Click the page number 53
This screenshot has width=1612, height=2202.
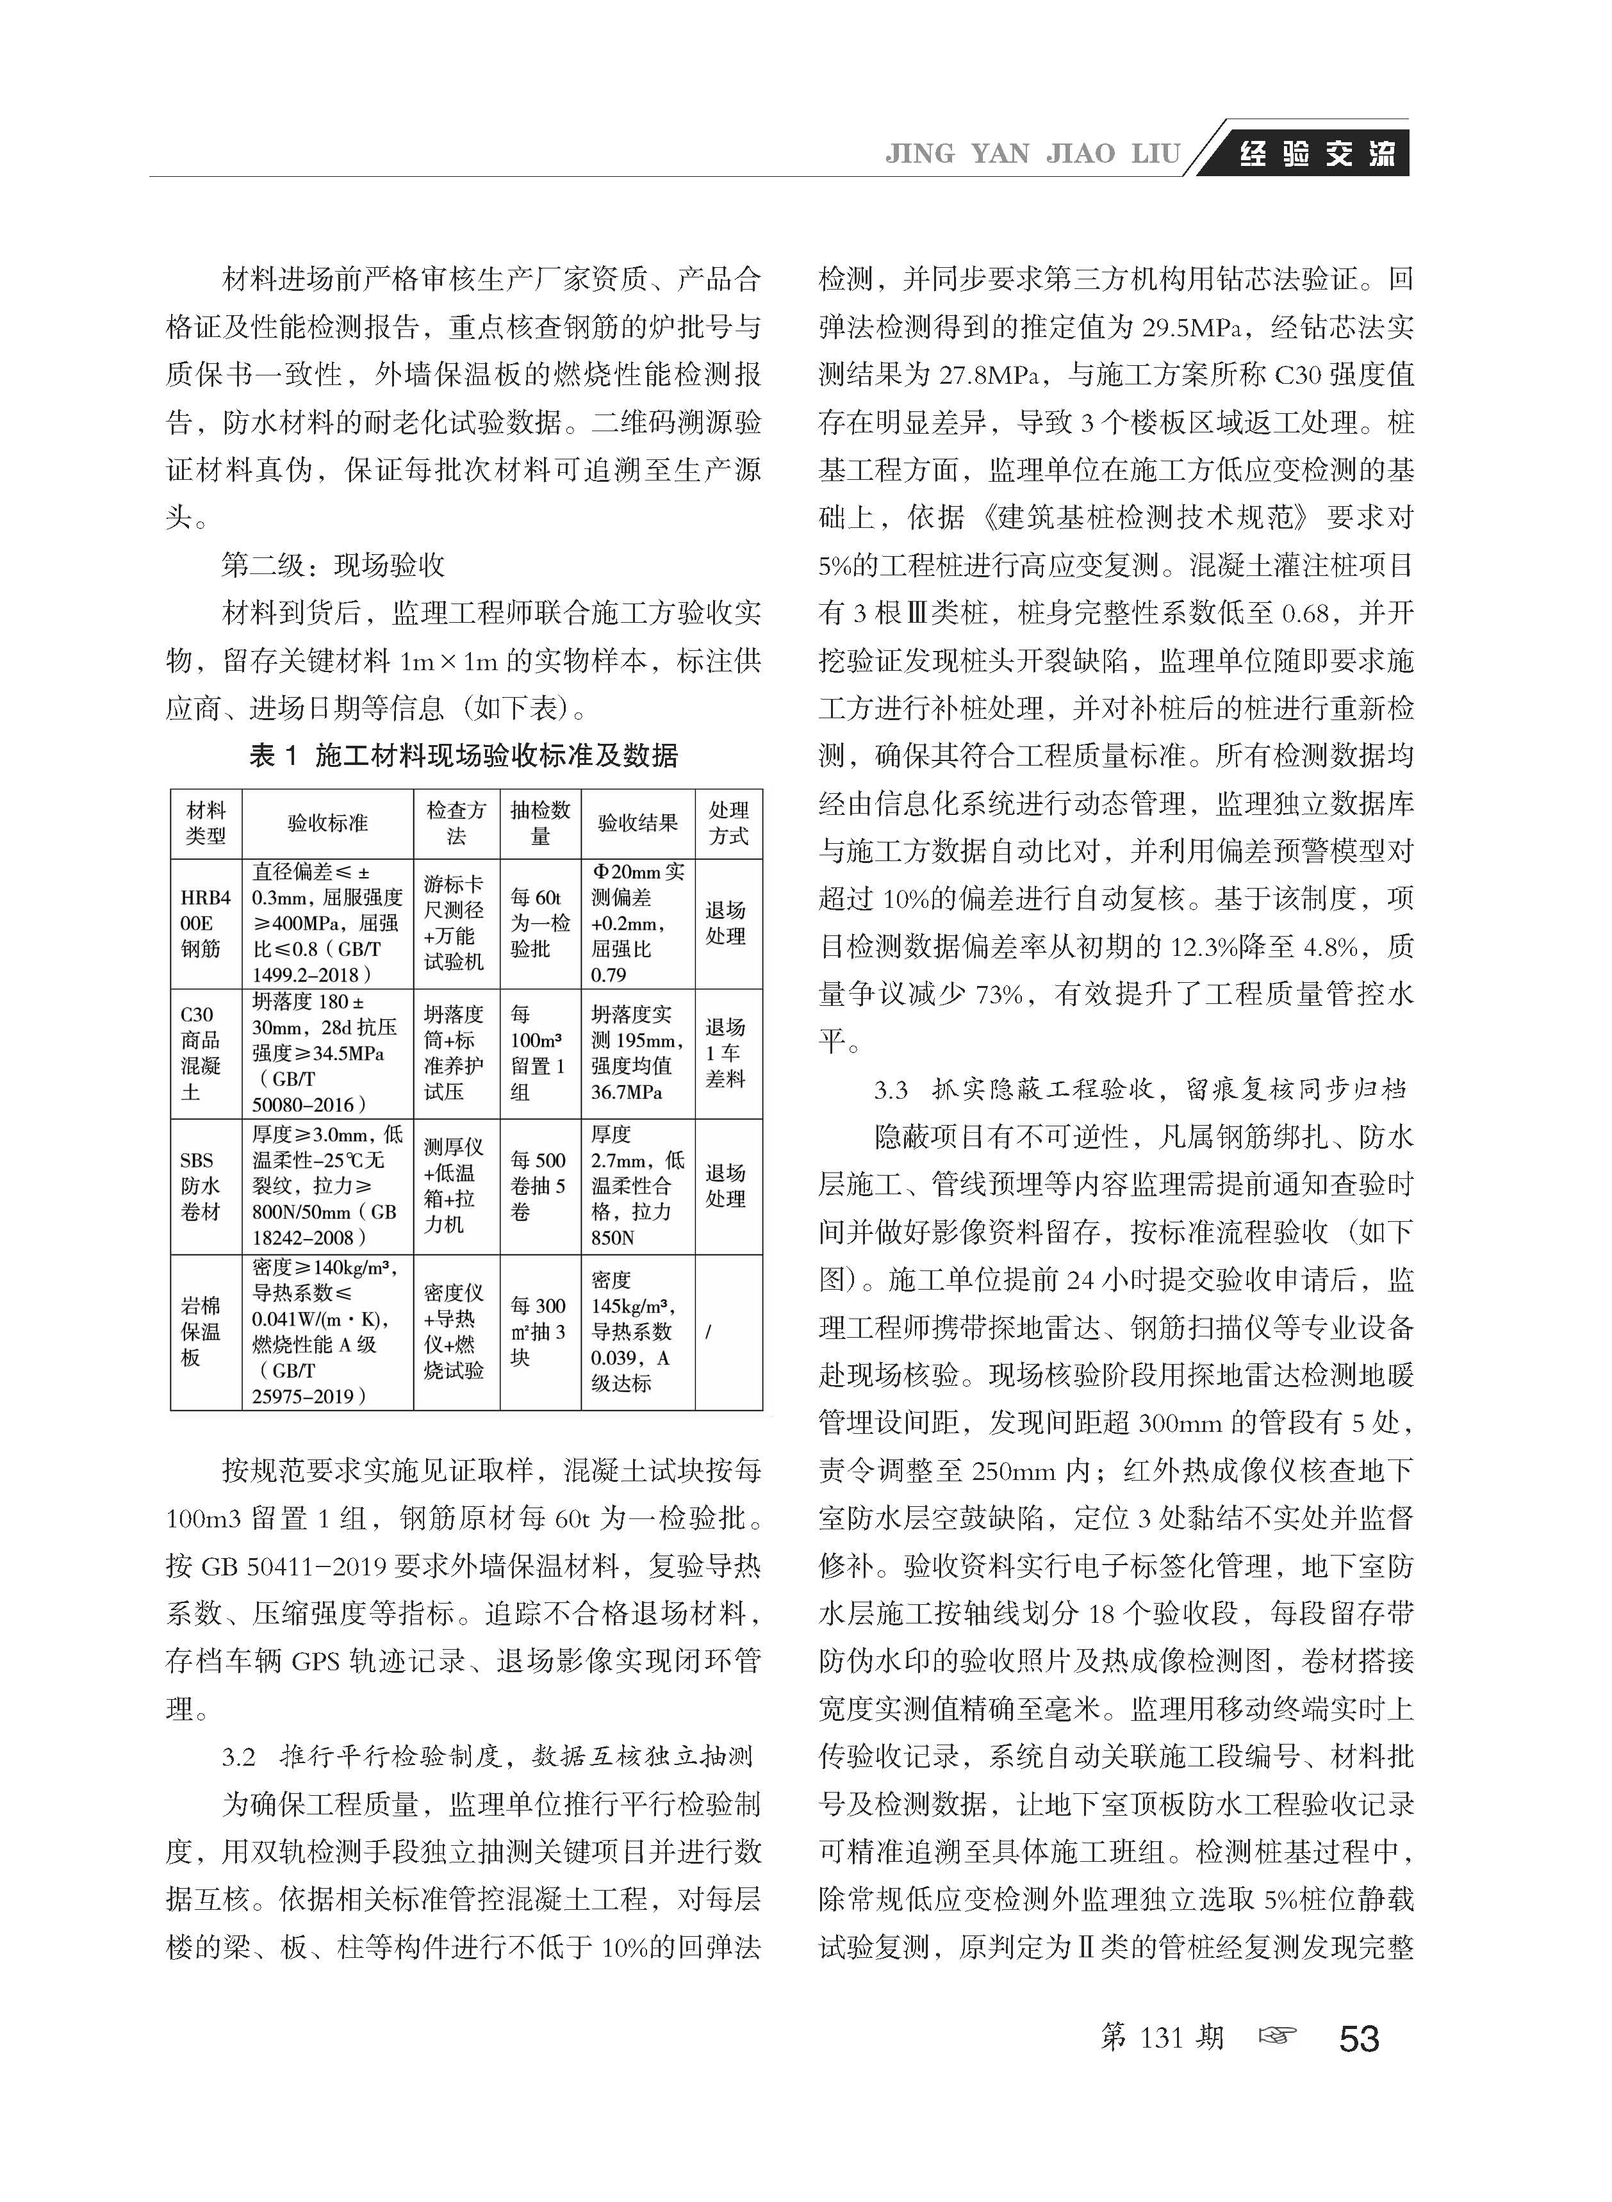(x=1360, y=2039)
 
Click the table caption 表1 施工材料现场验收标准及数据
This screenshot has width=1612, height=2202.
(x=463, y=756)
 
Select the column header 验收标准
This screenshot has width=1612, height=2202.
(x=328, y=823)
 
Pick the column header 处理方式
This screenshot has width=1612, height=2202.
(x=728, y=823)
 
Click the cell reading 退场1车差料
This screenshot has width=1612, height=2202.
(x=726, y=1053)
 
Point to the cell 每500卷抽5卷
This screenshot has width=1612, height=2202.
(x=539, y=1187)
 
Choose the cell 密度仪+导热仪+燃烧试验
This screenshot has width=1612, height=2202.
(x=455, y=1332)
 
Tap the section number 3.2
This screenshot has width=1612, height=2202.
(x=238, y=1758)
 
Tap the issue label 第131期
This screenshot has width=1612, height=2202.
(x=1161, y=2037)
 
